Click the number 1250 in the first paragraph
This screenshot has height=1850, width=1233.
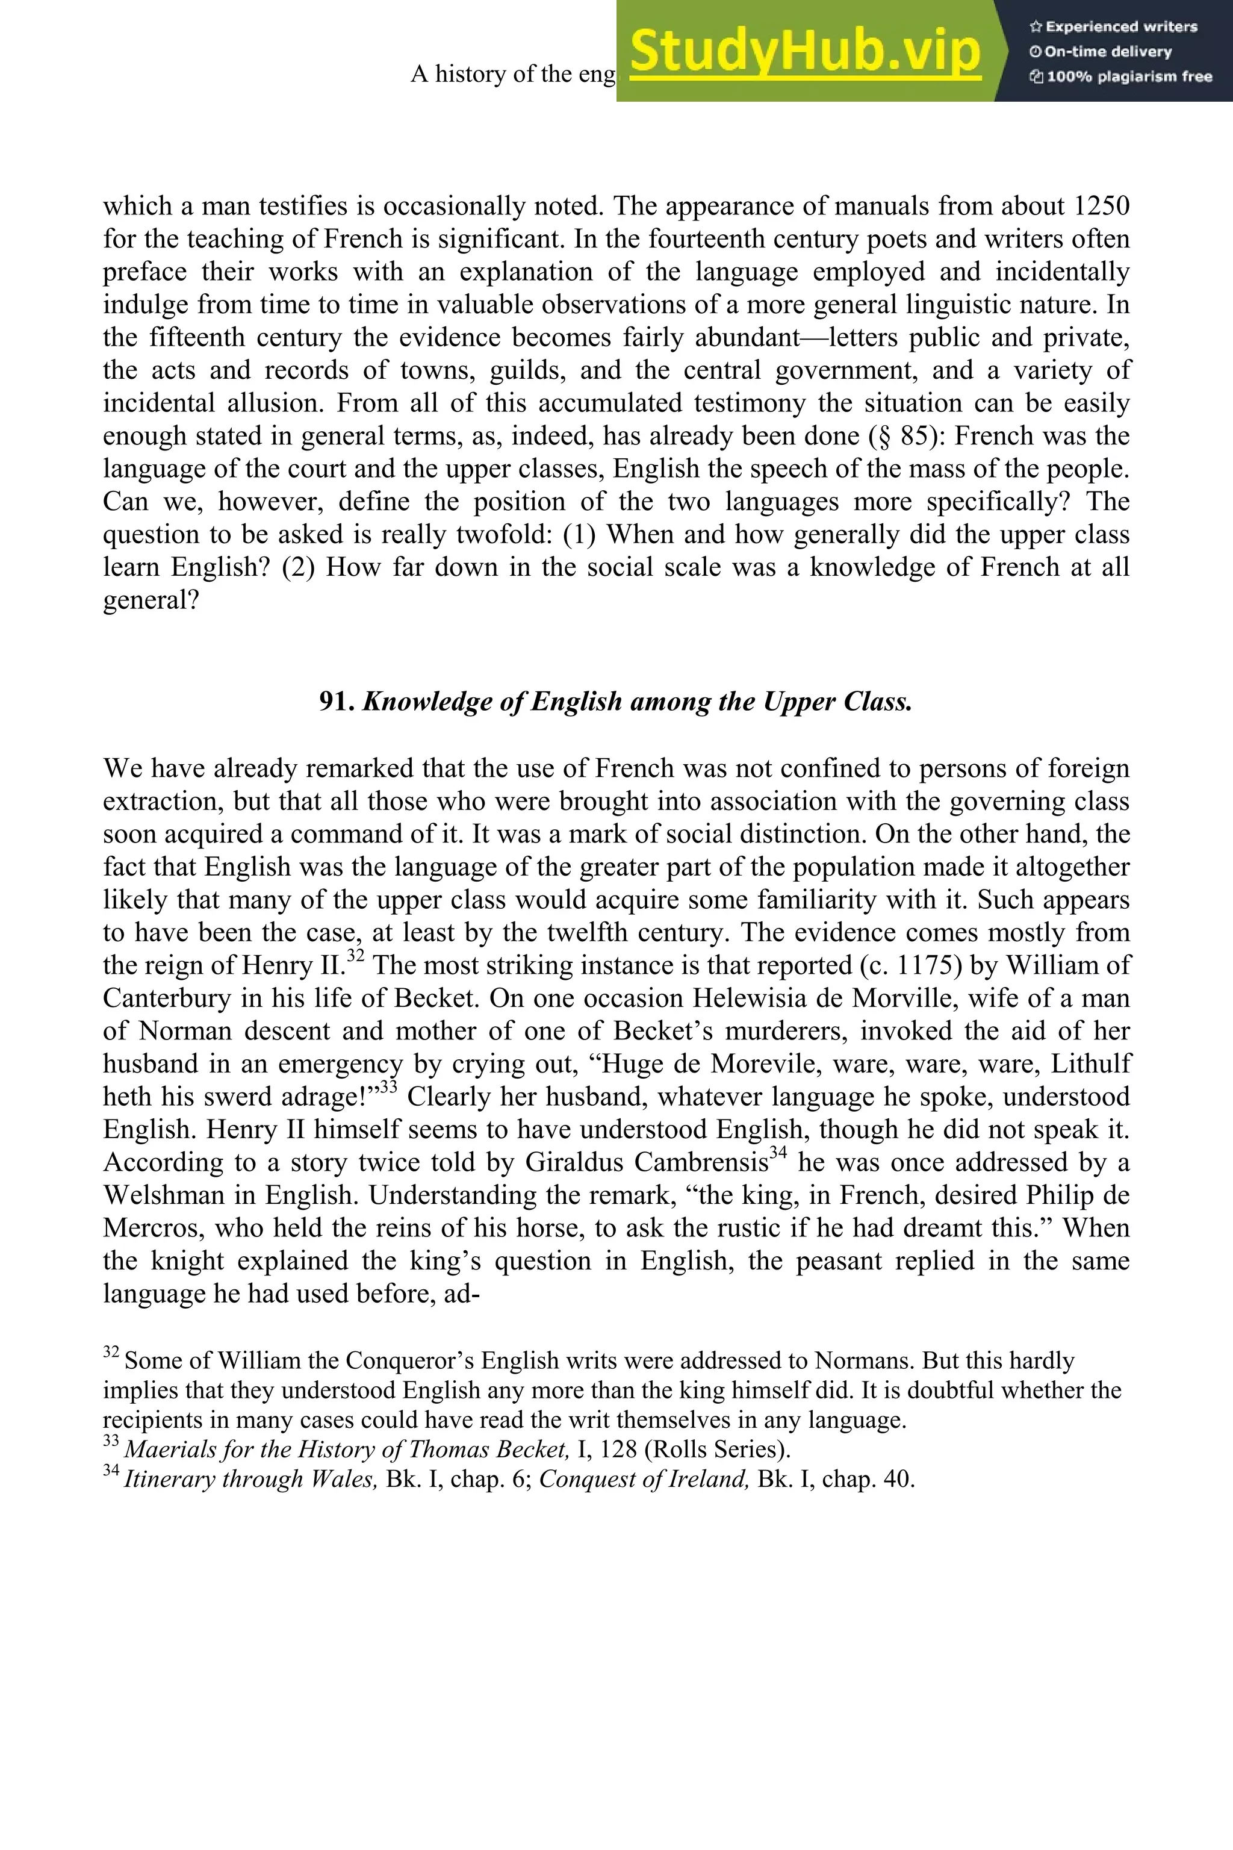(x=1101, y=206)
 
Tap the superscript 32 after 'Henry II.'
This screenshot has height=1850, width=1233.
(x=355, y=956)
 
